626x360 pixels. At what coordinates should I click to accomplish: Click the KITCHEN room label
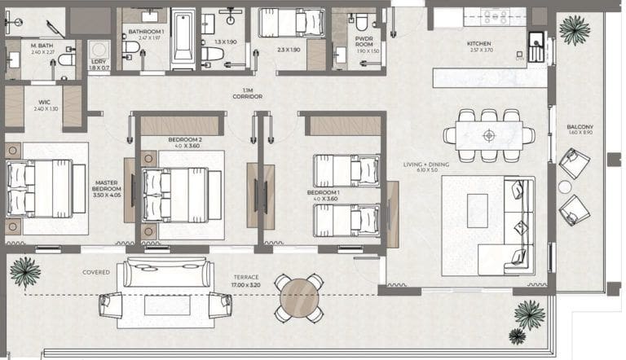[x=478, y=44]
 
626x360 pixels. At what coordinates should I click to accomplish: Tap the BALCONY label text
[x=580, y=126]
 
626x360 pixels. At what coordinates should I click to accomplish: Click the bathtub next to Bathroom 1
[x=183, y=39]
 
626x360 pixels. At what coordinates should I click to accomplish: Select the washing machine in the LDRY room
[x=99, y=50]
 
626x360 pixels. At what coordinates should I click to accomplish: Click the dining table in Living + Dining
[x=488, y=135]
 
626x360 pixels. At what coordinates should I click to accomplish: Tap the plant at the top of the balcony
[x=575, y=29]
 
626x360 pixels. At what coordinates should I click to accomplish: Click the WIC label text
[x=43, y=103]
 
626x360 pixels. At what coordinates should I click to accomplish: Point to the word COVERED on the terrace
[x=96, y=272]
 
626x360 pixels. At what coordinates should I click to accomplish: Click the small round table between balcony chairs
[x=565, y=187]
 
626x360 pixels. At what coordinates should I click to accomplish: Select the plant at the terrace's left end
[x=24, y=271]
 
